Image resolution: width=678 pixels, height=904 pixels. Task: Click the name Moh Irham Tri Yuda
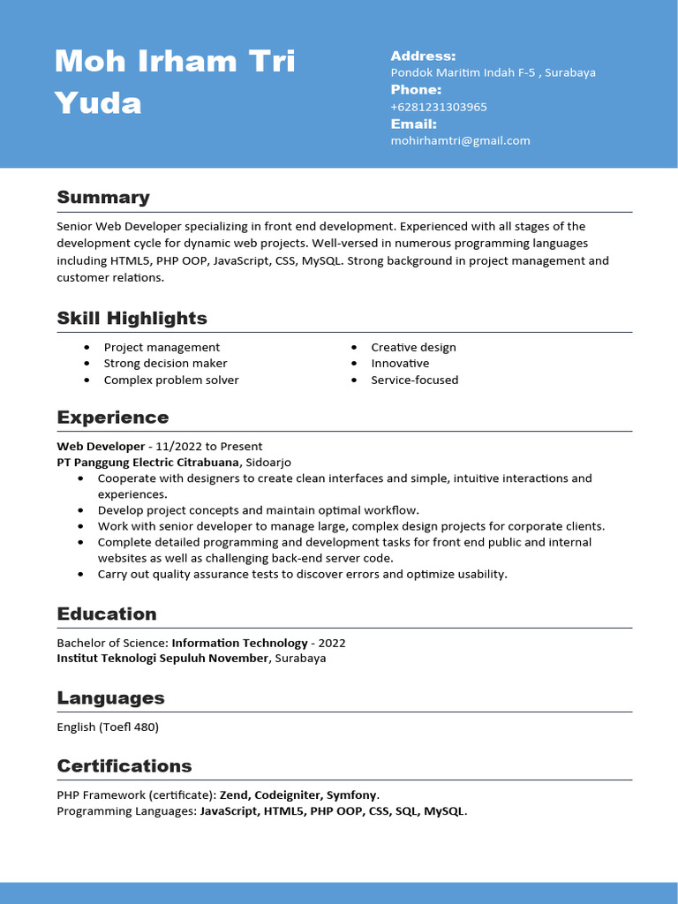(x=175, y=82)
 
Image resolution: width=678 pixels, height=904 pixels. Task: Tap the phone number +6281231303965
(x=439, y=107)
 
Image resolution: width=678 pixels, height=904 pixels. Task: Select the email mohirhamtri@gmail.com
(x=460, y=140)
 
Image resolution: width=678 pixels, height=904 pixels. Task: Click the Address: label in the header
(x=423, y=56)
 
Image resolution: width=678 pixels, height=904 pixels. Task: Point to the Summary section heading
(x=103, y=197)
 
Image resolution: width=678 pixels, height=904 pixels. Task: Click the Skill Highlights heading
(x=132, y=318)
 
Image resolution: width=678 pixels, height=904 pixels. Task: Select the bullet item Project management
(x=162, y=347)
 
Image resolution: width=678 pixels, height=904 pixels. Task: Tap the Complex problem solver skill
(x=171, y=380)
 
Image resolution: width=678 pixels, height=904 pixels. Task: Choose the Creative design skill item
(x=413, y=347)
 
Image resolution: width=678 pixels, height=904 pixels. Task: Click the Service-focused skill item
(x=414, y=380)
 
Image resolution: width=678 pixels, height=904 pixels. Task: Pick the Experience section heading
(x=112, y=417)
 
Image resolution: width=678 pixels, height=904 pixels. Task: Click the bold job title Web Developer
(x=101, y=446)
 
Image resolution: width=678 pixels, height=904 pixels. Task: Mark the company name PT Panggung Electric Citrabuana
(x=147, y=462)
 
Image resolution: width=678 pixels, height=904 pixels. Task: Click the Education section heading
(x=106, y=614)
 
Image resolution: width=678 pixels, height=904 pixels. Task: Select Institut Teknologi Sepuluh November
(x=162, y=658)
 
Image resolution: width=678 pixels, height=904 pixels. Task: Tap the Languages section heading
(x=110, y=697)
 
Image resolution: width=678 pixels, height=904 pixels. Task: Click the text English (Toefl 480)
(x=108, y=727)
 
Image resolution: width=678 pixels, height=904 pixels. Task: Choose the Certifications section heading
(x=124, y=765)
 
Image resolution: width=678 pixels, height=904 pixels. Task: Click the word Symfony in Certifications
(x=351, y=795)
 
